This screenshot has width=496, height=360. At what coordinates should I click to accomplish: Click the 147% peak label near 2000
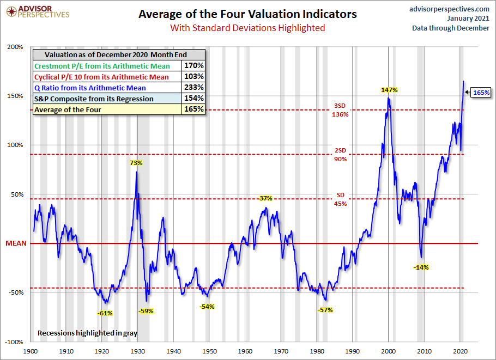pos(388,89)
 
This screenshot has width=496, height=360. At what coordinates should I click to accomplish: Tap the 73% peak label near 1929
pos(136,162)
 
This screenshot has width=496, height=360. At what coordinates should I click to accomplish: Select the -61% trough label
pos(105,313)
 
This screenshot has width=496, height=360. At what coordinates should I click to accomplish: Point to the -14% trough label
pos(421,267)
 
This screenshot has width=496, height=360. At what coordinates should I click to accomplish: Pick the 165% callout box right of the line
pos(481,93)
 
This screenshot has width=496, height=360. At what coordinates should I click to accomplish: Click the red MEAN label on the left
pos(12,243)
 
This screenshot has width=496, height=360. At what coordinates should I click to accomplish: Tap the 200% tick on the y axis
pos(15,47)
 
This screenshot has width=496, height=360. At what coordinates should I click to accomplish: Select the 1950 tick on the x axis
pos(209,352)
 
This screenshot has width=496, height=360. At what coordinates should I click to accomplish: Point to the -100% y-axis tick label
pos(14,342)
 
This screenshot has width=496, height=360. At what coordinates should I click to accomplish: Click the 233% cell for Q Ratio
pos(193,87)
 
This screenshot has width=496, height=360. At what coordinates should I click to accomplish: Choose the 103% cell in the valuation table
pos(193,76)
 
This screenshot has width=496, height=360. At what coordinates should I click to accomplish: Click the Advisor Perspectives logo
pos(37,12)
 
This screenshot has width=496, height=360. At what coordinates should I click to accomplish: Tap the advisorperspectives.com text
pos(449,9)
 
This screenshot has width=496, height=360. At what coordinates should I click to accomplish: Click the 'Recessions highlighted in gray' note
pos(87,332)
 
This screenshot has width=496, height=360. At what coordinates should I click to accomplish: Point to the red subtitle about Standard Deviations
pos(247,28)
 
